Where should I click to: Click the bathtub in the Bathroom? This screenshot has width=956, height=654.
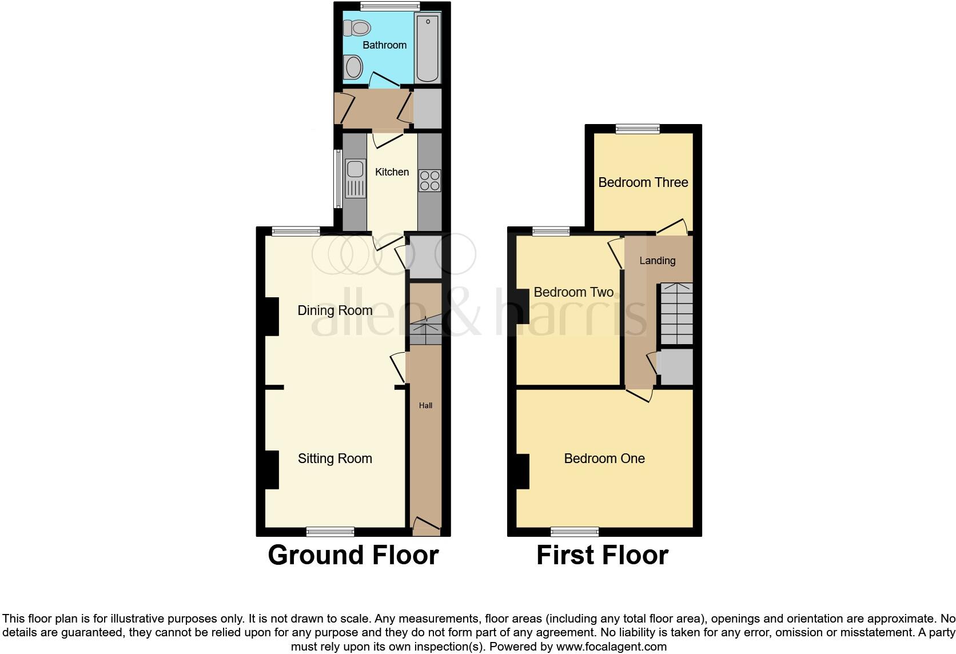point(428,49)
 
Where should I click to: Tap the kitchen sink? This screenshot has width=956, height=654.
point(355,178)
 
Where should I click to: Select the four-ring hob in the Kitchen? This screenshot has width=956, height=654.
point(429,181)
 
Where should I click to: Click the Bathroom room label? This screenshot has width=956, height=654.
point(384,45)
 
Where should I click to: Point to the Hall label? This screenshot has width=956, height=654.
point(425,405)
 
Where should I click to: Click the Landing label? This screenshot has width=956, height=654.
point(657,261)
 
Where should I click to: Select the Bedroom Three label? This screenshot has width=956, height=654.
point(643,182)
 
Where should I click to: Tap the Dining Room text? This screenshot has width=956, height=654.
point(334,310)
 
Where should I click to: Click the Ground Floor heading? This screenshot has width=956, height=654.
point(353,555)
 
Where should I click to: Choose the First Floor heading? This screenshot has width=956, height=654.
point(602,555)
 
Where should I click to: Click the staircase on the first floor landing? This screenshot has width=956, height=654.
point(676,313)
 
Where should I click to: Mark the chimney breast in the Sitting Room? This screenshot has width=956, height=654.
point(271,470)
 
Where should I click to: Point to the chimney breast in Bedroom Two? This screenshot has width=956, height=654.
point(522,306)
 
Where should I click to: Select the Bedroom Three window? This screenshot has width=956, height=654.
point(638,129)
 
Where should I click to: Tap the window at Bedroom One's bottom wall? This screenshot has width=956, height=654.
point(575,532)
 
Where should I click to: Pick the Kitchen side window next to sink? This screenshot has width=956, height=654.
point(338,179)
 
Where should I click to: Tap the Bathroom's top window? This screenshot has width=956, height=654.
point(390,6)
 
